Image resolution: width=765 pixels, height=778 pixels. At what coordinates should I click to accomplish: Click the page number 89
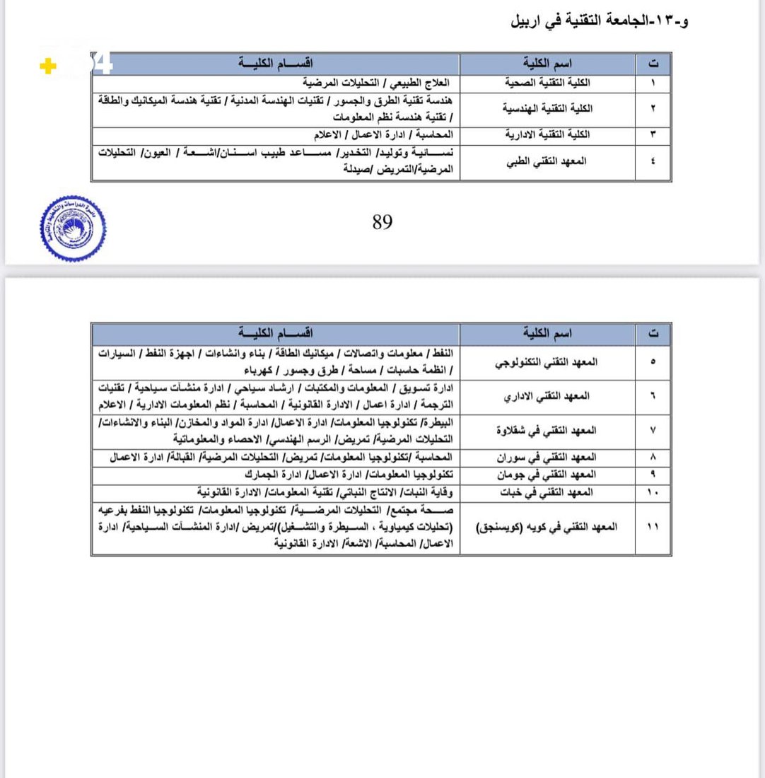tap(382, 223)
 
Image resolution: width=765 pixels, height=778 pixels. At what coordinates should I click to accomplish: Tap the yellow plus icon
tap(47, 68)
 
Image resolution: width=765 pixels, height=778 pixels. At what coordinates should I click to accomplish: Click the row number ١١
tap(652, 527)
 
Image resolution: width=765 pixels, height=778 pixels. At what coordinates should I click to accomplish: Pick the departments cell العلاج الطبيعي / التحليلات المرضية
tap(382, 83)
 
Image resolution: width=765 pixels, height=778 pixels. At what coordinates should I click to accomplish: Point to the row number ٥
tap(652, 361)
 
